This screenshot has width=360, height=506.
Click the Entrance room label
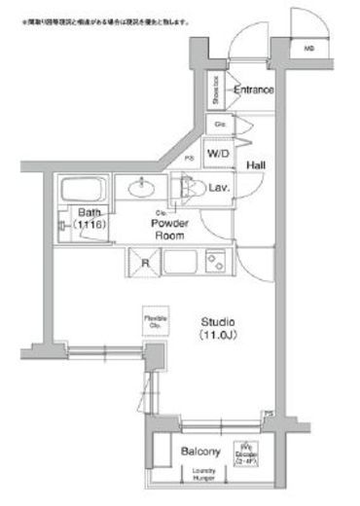coord(253,90)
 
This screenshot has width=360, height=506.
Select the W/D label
coord(218,154)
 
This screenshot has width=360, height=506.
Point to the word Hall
coord(257,166)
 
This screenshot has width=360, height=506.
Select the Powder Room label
coord(168,229)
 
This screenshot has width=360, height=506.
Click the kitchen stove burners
coord(215,261)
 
